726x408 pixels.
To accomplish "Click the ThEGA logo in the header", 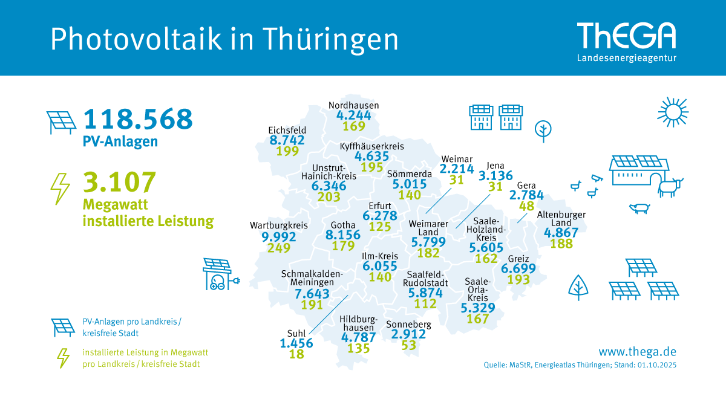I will (x=626, y=37).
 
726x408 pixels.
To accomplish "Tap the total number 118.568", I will (x=139, y=119).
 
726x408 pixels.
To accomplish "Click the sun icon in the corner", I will (x=673, y=111).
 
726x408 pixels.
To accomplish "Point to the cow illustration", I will (x=670, y=185).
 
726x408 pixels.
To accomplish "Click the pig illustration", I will (x=639, y=209).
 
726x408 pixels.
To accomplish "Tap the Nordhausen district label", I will (x=354, y=105).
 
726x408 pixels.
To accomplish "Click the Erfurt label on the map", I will (x=379, y=206).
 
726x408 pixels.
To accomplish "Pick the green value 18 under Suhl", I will (x=296, y=354).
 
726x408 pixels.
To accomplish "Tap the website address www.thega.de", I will (x=637, y=351).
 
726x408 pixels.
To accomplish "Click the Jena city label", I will (x=495, y=164).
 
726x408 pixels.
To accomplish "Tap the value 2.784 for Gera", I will (x=526, y=196).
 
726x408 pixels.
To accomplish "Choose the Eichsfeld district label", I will (x=287, y=130).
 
